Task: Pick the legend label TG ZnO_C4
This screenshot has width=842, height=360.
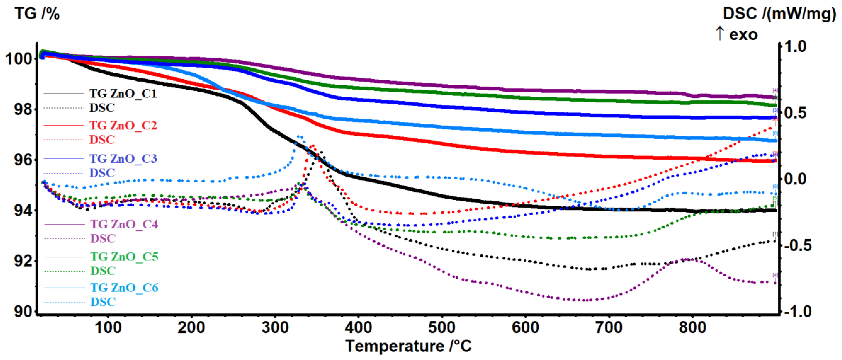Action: point(124,224)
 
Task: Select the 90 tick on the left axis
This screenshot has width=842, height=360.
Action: point(23,311)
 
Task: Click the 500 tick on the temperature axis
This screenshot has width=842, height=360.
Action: point(442,327)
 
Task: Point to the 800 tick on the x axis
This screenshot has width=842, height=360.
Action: point(692,327)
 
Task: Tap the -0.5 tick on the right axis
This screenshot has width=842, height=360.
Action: point(798,246)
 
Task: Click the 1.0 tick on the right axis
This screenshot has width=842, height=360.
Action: point(795,47)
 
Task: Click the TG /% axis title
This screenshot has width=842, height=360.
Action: point(37,14)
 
